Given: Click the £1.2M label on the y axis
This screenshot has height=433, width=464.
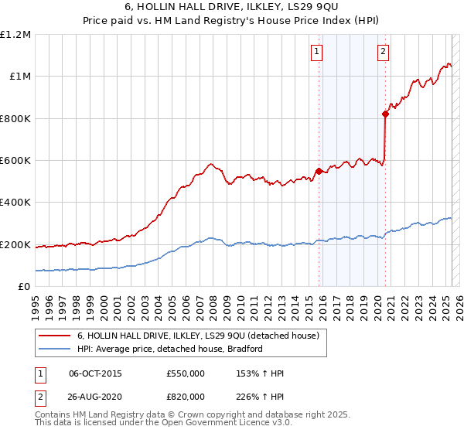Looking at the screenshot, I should (x=15, y=35).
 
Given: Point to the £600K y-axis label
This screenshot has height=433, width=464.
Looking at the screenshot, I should (x=15, y=161).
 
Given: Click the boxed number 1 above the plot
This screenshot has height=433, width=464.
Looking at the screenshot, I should (x=318, y=52).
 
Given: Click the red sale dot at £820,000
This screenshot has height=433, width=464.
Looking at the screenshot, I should (x=385, y=114).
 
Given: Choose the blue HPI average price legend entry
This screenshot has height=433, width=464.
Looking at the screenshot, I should (x=170, y=349).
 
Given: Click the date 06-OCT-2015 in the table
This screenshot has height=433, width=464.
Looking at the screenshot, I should (x=95, y=373).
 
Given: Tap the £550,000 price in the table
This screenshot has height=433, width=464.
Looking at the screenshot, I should (x=186, y=373).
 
